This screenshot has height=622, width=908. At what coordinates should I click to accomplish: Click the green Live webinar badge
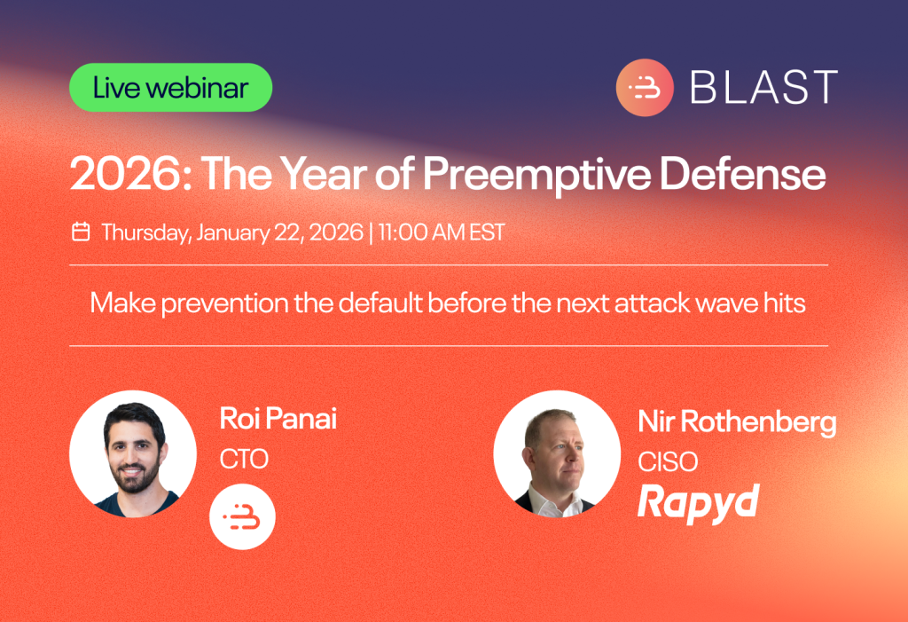click(170, 88)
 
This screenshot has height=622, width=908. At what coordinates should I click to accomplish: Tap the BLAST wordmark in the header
click(763, 88)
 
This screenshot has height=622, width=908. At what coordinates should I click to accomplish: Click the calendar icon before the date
click(81, 232)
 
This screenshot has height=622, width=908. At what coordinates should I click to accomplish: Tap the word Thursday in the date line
click(146, 232)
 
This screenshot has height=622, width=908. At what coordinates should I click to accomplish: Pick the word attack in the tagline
click(635, 303)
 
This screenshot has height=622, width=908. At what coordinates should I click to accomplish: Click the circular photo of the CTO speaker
click(133, 453)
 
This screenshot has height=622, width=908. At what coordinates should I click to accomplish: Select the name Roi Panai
click(278, 420)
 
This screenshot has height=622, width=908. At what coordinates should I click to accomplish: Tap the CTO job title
click(244, 459)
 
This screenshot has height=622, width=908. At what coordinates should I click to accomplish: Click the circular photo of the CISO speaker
click(556, 453)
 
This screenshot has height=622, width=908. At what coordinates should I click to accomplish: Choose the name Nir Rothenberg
click(737, 422)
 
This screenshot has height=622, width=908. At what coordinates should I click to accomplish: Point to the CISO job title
click(668, 461)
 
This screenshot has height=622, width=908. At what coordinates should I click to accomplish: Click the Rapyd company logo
click(698, 502)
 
